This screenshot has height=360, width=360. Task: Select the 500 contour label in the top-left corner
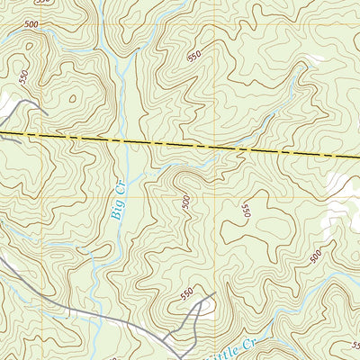(32, 24)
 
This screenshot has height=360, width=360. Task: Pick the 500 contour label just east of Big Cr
(186, 204)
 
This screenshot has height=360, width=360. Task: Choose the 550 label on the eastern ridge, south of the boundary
(244, 211)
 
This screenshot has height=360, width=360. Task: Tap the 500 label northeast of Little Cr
(316, 256)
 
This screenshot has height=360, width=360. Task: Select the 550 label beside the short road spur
(186, 293)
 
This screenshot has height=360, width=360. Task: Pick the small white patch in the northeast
(314, 59)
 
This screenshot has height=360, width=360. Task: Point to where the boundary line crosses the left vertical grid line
(42, 135)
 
